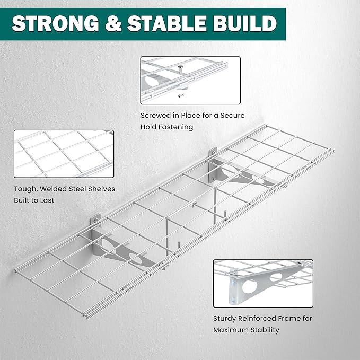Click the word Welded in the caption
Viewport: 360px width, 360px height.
[55, 189]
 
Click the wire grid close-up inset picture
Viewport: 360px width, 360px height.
[64, 154]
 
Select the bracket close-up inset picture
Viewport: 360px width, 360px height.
[263, 283]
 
